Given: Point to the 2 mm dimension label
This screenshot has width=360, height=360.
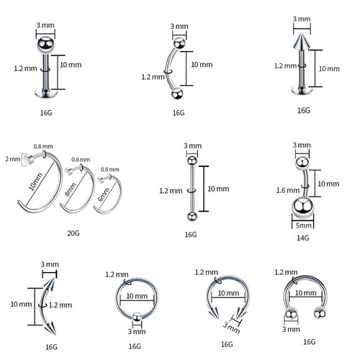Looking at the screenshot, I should pos(12,158).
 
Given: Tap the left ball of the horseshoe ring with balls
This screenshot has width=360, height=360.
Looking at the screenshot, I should pos(291,314).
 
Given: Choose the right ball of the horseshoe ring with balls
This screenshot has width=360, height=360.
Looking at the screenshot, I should pos(316,312).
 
